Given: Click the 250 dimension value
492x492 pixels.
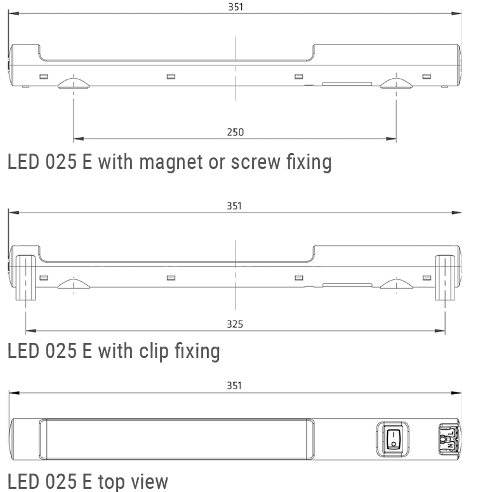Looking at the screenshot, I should point(235,132).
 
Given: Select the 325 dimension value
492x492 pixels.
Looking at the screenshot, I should point(235,324).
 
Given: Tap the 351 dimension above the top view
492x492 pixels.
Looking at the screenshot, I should point(235,385).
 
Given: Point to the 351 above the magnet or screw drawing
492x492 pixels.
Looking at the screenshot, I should point(235,7).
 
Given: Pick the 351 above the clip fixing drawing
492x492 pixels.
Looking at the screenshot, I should point(235,206).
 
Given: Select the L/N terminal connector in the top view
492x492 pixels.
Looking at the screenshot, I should point(446,437).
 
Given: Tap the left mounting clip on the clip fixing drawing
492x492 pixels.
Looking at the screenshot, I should point(25,278).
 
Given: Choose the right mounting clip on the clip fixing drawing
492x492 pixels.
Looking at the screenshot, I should point(444,278).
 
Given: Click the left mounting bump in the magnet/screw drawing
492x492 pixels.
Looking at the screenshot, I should point(73,84).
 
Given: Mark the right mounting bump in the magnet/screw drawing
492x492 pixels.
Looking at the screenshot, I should point(396,84).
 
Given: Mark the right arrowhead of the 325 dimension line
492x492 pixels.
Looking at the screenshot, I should point(441,331).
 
